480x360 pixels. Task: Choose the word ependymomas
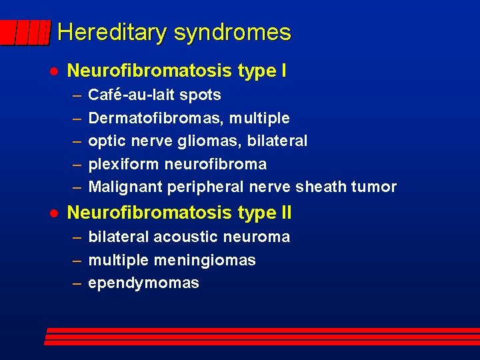click(143, 283)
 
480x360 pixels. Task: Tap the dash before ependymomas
click(77, 283)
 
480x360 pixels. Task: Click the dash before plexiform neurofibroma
click(77, 164)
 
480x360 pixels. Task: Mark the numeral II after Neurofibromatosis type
click(283, 213)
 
